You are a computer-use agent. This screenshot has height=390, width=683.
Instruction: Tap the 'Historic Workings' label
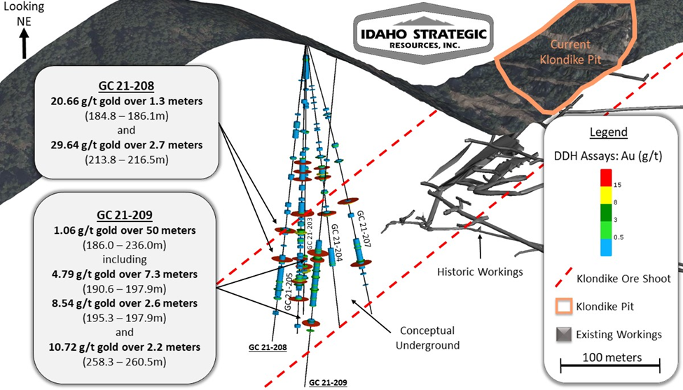(x=480, y=270)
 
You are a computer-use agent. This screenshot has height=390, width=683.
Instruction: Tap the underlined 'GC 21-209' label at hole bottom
(x=328, y=382)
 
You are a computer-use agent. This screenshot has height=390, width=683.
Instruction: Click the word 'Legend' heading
(x=607, y=132)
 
